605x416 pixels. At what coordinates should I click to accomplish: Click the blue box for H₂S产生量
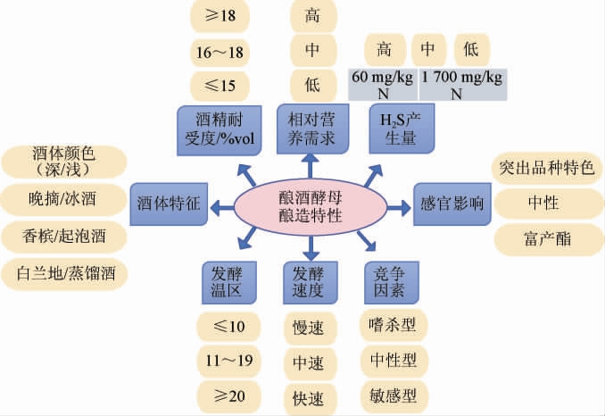402,128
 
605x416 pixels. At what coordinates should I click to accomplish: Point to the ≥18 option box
220,15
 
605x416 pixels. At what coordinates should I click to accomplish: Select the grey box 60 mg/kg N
381,84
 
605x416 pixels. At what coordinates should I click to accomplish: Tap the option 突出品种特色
543,167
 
